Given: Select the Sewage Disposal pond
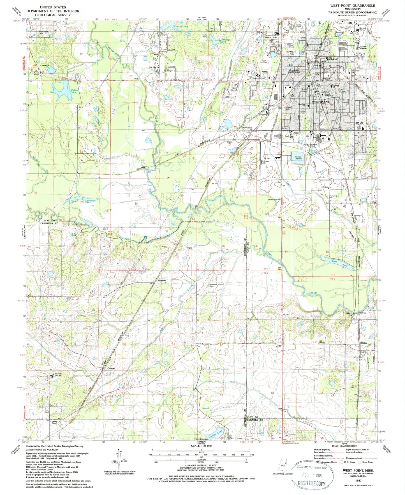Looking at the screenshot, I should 298,158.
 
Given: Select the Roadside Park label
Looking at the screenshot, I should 274,199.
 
